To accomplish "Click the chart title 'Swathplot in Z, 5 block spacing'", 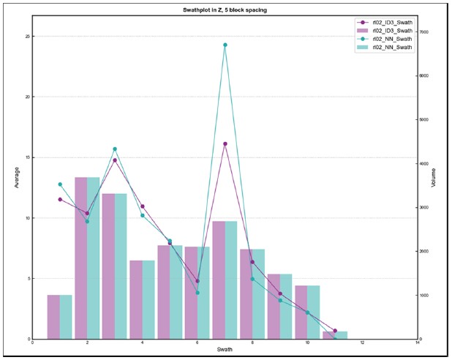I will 225,10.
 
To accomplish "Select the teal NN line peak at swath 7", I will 225,45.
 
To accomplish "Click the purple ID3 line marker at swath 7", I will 225,143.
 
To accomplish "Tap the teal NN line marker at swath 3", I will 115,149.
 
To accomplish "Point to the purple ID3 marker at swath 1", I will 60,199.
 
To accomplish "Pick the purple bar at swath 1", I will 53,317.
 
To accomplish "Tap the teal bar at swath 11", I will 342,335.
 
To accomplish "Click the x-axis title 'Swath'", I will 225,350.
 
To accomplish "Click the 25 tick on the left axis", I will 28,36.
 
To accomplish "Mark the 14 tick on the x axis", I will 418,342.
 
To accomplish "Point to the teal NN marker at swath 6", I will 197,293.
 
